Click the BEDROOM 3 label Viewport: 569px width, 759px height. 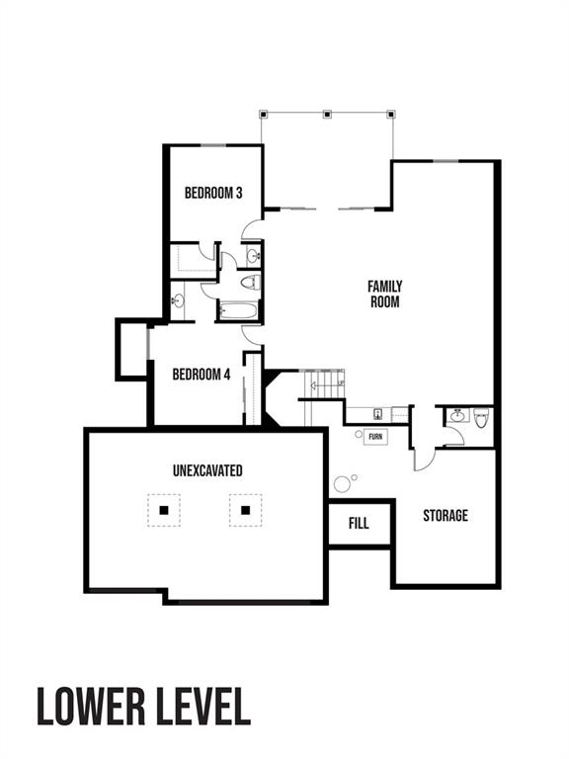(x=213, y=193)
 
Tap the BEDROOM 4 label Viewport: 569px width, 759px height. (x=201, y=375)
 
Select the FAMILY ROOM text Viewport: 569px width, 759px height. (x=385, y=295)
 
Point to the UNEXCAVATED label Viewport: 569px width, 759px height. (x=206, y=470)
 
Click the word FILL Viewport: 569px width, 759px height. (x=360, y=523)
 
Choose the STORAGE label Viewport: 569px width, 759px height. (x=446, y=516)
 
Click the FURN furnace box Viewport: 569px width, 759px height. (x=375, y=436)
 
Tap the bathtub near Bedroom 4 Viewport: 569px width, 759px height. (x=240, y=311)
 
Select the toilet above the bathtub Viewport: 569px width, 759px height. (x=250, y=283)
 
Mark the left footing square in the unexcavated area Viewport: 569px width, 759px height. (x=165, y=510)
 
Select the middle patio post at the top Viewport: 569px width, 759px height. (x=327, y=114)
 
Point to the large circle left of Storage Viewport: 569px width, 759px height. (x=343, y=483)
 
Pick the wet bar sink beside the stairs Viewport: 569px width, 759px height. (x=378, y=414)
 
